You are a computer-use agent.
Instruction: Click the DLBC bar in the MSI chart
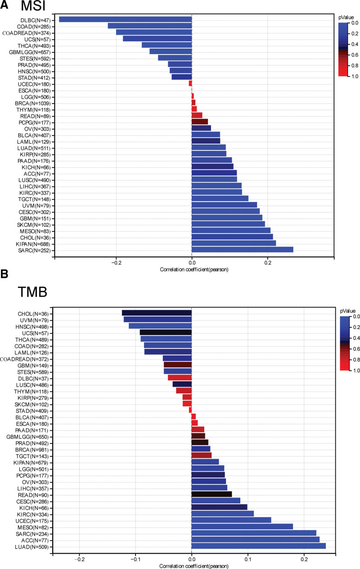tap(126, 19)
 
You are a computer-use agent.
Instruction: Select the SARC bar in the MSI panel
tap(243, 250)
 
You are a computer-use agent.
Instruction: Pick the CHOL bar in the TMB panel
tap(157, 313)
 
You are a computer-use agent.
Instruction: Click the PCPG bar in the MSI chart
tap(200, 122)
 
